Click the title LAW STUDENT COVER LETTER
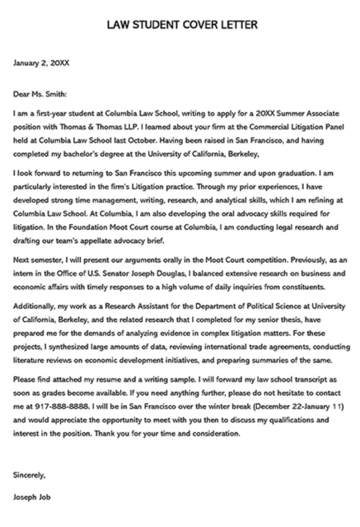(180, 25)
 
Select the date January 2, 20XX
(40, 62)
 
